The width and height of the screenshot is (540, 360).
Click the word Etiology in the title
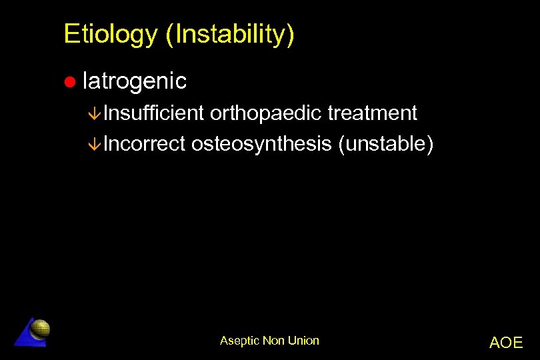click(x=111, y=35)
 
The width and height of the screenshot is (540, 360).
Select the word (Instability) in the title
click(x=230, y=35)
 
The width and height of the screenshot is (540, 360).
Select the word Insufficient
click(x=153, y=113)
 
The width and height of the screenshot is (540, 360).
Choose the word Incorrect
click(x=144, y=143)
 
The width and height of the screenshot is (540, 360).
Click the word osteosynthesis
click(x=261, y=143)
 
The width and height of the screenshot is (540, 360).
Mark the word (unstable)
click(x=385, y=143)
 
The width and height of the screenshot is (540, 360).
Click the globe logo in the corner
click(x=41, y=328)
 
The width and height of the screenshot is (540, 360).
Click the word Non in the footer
click(x=273, y=341)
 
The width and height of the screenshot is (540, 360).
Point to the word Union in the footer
click(x=303, y=341)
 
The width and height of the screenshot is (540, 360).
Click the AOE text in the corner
click(x=506, y=343)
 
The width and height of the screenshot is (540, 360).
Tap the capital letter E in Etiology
click(x=70, y=35)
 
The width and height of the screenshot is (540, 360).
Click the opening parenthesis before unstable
click(x=342, y=143)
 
